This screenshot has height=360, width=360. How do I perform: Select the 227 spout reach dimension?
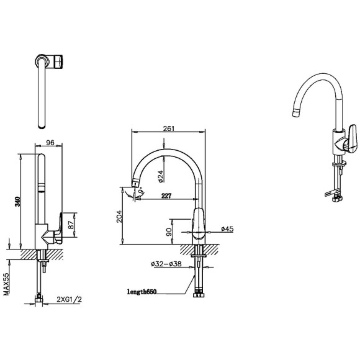(x=166, y=196)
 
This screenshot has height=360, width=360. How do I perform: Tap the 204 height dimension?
(x=119, y=216)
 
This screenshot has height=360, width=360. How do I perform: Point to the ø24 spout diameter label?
(x=161, y=176)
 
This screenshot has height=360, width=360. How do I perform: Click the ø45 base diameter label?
(x=227, y=228)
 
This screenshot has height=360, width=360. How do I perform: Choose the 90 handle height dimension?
(x=169, y=232)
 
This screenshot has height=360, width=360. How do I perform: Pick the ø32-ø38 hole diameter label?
(x=166, y=264)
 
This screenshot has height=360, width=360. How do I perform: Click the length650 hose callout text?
(x=142, y=292)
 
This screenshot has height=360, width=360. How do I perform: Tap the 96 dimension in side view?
(x=50, y=143)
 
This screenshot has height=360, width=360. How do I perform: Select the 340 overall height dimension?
(x=18, y=201)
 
